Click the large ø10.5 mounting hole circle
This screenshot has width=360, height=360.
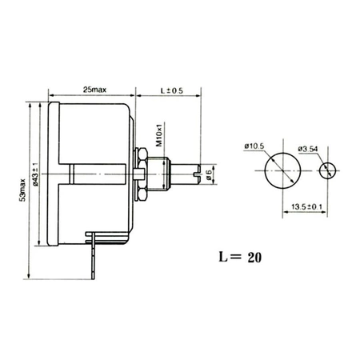coord(279,170)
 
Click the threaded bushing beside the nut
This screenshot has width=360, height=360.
coord(162,171)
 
